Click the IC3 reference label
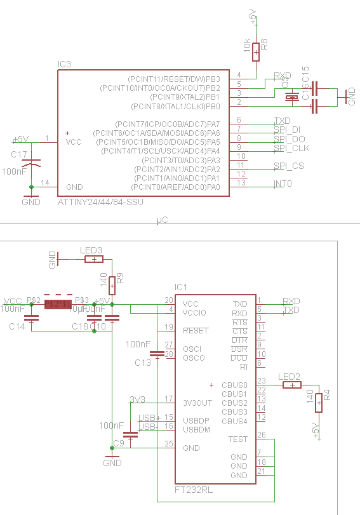[64, 65]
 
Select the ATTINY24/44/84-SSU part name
[100, 202]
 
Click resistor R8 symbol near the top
[256, 51]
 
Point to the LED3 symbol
[94, 259]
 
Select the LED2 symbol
[292, 385]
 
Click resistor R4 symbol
[319, 403]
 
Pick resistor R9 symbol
[112, 283]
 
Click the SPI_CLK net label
[291, 148]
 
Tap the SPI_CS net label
[289, 166]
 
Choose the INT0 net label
[283, 184]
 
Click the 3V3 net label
[137, 399]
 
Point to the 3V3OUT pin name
[197, 403]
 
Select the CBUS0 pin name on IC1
[234, 385]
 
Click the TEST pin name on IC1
[238, 439]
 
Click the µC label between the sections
[162, 221]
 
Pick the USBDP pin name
[196, 421]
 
